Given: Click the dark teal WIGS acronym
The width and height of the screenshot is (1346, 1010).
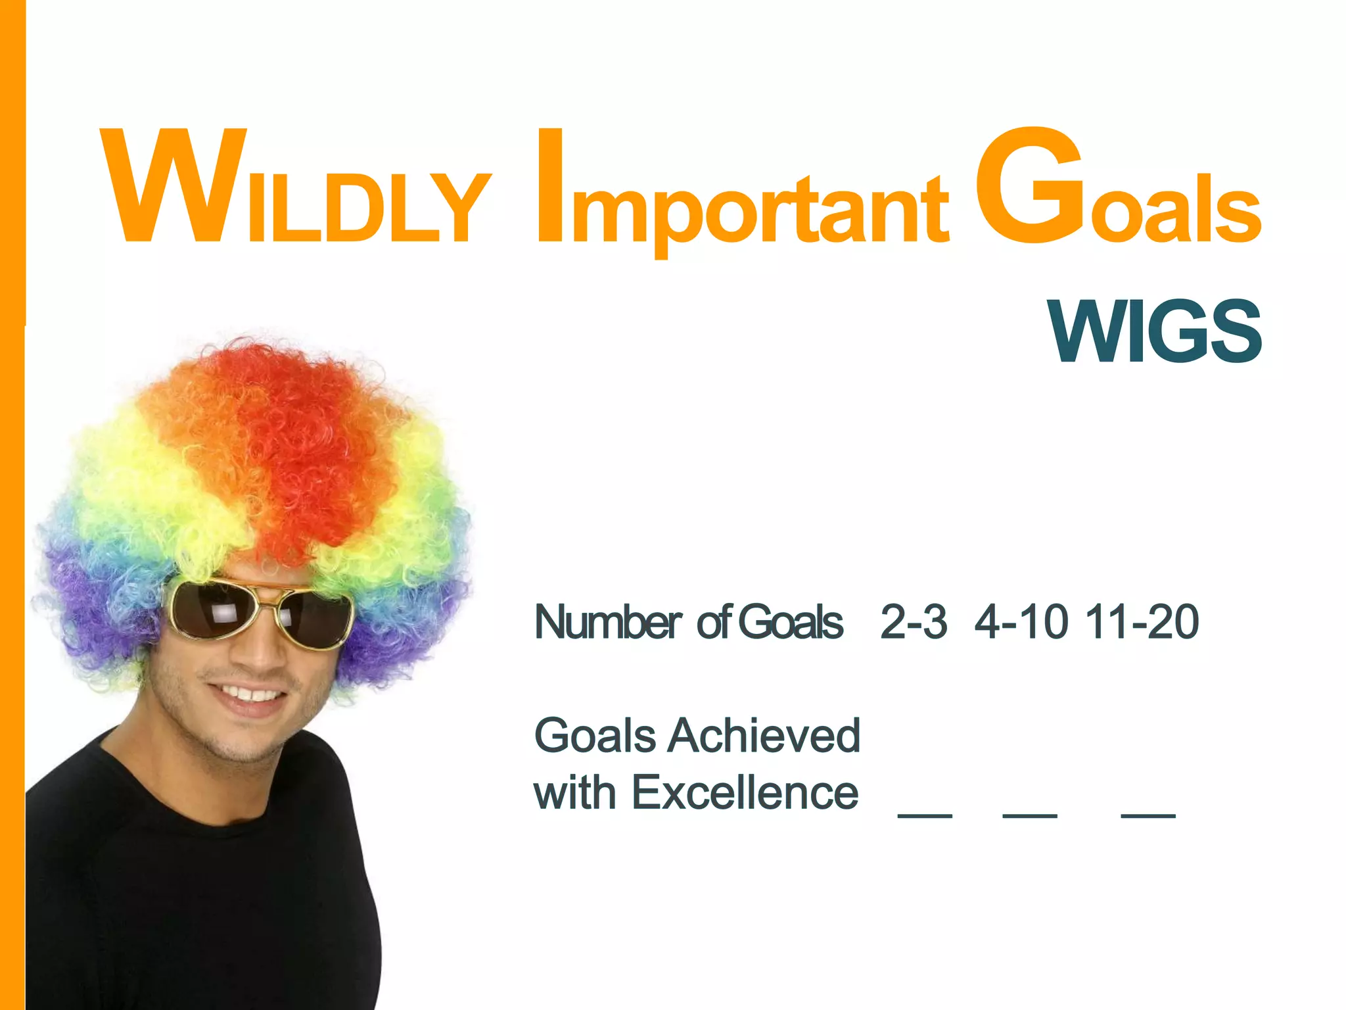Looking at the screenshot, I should [1155, 331].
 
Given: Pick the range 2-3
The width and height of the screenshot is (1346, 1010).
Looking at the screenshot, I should [914, 621].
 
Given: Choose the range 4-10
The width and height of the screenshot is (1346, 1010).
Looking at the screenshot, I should [1021, 621].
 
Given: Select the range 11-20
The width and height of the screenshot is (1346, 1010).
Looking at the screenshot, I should [1142, 621].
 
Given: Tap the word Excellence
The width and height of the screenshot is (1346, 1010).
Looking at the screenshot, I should [745, 792].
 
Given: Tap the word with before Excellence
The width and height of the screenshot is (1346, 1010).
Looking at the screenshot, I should [574, 792].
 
